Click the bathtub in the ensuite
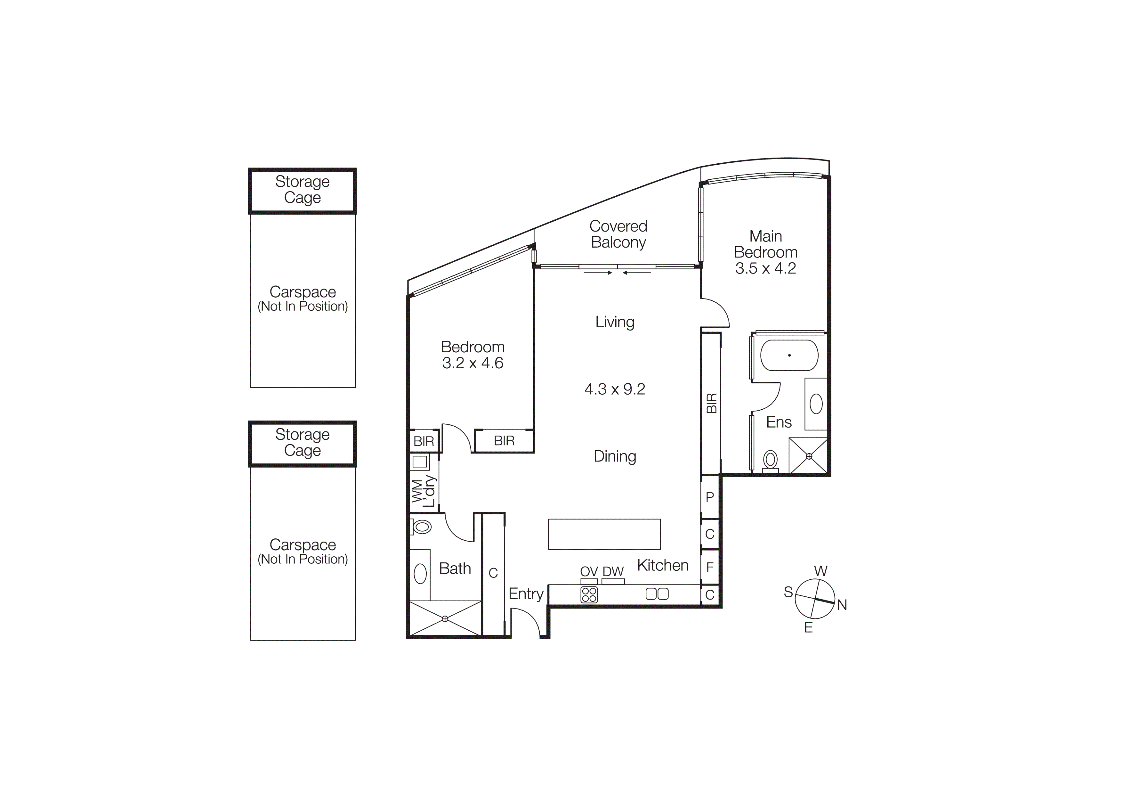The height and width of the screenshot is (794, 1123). point(789,355)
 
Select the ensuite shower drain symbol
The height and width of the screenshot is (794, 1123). point(809,456)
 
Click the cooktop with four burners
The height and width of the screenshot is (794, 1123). point(589,594)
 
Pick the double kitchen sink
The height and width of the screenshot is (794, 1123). point(657,594)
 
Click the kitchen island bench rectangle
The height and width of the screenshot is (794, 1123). point(604,534)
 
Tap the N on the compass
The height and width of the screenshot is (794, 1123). point(842,605)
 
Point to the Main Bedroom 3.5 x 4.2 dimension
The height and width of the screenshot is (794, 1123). point(765,268)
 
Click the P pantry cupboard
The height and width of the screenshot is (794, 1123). point(710,497)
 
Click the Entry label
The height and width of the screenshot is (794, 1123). point(526,593)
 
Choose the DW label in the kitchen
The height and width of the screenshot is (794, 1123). point(613,571)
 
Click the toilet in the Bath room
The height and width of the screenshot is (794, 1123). point(422,527)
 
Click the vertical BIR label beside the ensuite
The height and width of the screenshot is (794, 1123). point(711,403)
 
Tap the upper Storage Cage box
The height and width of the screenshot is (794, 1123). point(302,190)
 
